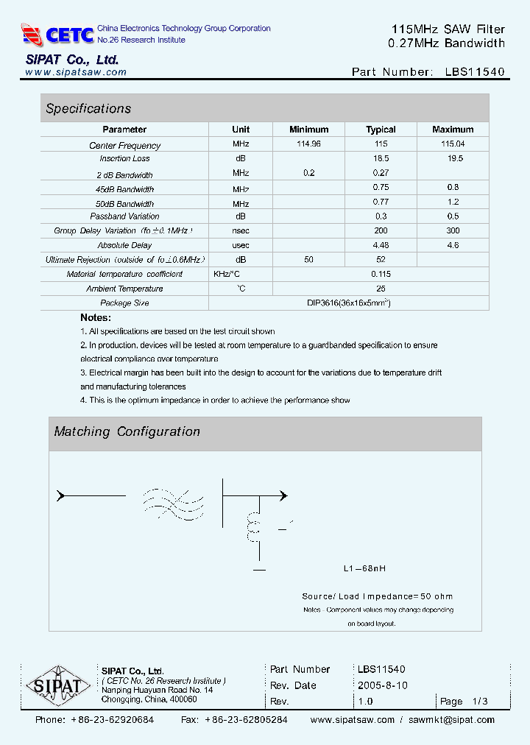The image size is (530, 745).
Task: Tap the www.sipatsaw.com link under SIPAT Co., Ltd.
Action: tap(76, 72)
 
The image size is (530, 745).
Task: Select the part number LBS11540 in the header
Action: tap(475, 72)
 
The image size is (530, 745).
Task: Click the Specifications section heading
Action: tap(88, 109)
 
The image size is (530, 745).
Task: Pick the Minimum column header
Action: tap(308, 130)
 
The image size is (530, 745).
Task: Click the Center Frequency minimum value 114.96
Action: tap(308, 144)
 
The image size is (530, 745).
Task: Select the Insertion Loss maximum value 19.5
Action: tap(453, 158)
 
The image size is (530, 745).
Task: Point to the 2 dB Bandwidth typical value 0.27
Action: tap(381, 173)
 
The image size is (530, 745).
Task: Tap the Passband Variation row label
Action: tap(124, 216)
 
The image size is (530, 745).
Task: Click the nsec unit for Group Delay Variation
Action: tap(241, 231)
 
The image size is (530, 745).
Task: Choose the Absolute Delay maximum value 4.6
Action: tap(453, 245)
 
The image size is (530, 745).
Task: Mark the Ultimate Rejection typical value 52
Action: tap(381, 260)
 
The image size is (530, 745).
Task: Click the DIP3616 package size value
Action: tap(348, 303)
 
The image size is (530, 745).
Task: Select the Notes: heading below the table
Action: tap(96, 317)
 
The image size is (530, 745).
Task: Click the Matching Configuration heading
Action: tap(127, 432)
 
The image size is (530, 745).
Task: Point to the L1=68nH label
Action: tap(365, 569)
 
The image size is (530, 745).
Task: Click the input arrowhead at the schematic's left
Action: tap(61, 495)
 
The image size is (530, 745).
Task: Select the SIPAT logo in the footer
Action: tap(53, 687)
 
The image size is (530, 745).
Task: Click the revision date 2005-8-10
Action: tap(382, 685)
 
